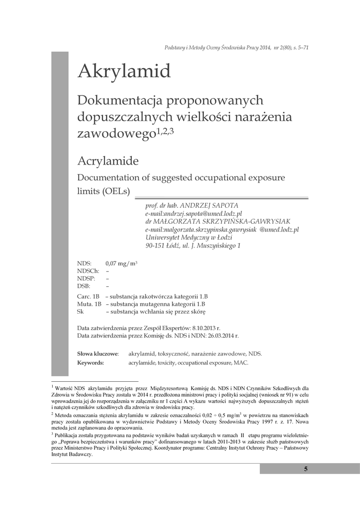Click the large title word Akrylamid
click(x=124, y=72)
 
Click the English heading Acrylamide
click(x=108, y=161)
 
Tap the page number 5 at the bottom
click(x=306, y=469)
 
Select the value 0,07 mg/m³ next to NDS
click(x=121, y=263)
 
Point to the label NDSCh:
click(x=89, y=271)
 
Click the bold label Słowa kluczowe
click(x=97, y=353)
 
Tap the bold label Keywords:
click(x=90, y=363)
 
